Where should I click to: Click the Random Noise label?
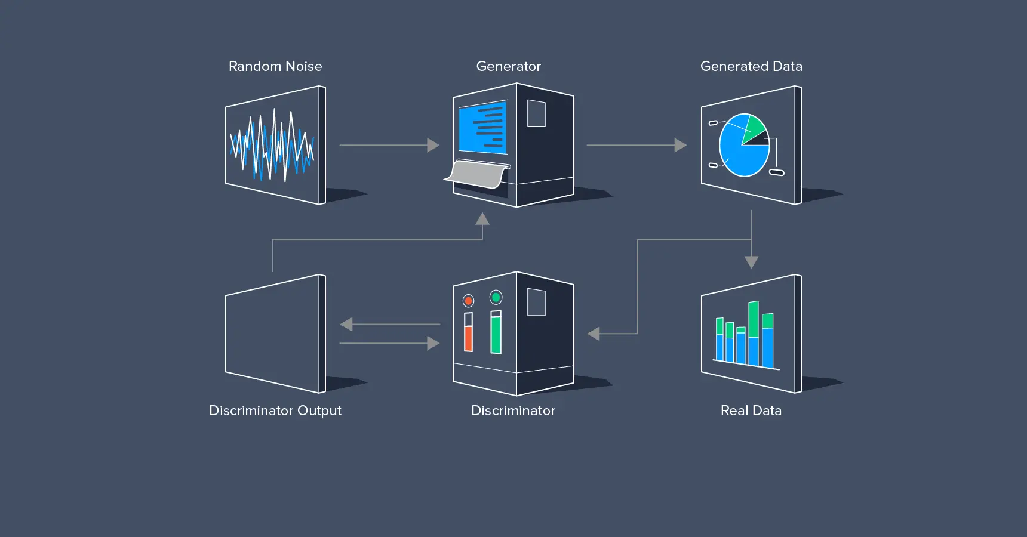coord(275,66)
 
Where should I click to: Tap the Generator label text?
coord(508,66)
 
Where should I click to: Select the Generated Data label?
coord(751,66)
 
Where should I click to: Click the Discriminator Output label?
coord(275,411)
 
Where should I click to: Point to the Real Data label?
coord(751,411)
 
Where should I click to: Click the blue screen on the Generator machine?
coord(482,127)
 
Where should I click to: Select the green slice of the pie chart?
coord(754,126)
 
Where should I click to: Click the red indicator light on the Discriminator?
coord(469,301)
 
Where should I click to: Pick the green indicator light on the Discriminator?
coord(496,297)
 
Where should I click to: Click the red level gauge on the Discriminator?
coord(469,338)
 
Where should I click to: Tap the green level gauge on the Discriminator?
coord(496,334)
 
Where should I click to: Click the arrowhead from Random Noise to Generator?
coord(433,145)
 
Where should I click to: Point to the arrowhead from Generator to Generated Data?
coord(681,145)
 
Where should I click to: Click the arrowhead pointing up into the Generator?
coord(482,219)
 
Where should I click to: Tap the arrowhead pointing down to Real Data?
coord(751,262)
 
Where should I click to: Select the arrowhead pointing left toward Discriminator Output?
coord(346,324)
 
